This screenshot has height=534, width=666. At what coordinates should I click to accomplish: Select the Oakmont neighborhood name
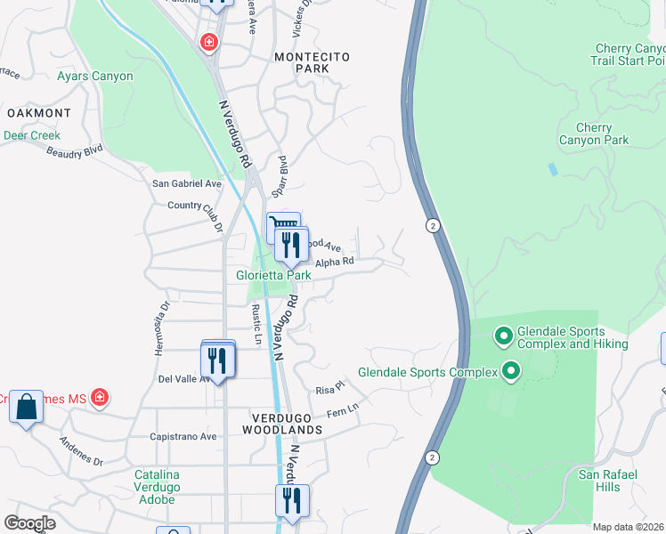coord(38,113)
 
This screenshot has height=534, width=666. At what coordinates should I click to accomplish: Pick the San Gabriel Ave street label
coord(187,183)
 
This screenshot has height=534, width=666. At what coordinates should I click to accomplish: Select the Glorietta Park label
coord(273,276)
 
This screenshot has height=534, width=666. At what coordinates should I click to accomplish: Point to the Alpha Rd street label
coord(336,262)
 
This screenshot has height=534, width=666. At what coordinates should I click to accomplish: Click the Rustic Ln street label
coord(256,324)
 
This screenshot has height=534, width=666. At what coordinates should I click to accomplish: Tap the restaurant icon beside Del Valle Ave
coord(218,360)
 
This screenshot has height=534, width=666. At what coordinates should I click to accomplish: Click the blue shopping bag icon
coord(27,407)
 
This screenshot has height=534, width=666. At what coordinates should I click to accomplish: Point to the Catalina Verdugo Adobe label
coord(157,487)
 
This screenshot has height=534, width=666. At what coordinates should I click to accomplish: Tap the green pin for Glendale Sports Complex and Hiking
coord(503,336)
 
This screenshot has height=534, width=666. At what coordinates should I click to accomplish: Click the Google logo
coord(29,523)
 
